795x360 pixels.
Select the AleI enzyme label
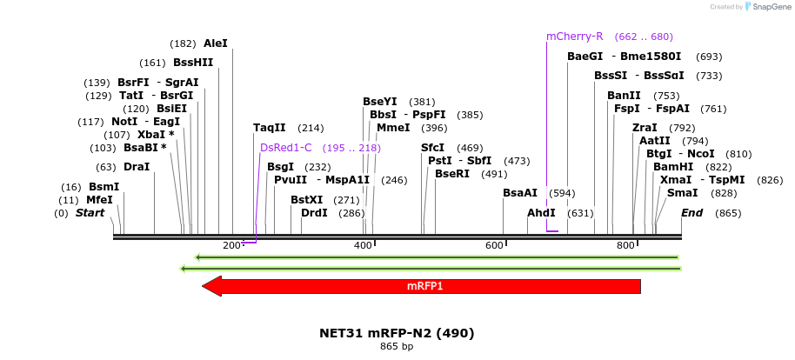[x=215, y=43]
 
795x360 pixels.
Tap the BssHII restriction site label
[x=193, y=63]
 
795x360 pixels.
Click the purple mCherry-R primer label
[x=574, y=37]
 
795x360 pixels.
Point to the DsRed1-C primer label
[x=285, y=148]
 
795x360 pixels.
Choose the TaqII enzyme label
[x=269, y=128]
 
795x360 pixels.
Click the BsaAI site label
[x=520, y=193]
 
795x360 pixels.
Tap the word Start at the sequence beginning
[x=90, y=213]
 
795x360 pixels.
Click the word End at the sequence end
[x=692, y=213]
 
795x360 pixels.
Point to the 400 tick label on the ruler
[x=364, y=246]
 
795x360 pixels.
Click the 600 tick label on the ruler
[x=494, y=246]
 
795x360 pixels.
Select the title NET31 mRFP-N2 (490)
[x=397, y=333]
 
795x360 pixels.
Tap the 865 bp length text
[x=397, y=347]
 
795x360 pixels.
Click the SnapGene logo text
[x=767, y=7]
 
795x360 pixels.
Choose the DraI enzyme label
[x=137, y=167]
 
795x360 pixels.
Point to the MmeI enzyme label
[x=393, y=128]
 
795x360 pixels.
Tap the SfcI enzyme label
[x=432, y=148]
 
